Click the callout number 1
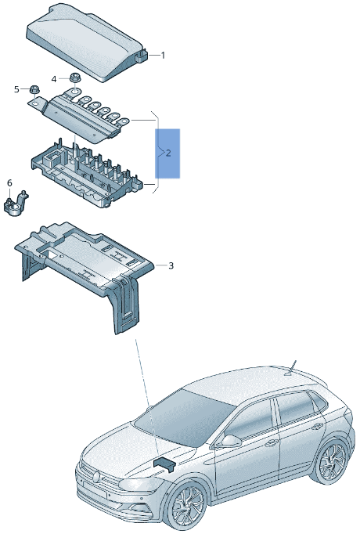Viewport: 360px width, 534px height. pyautogui.click(x=163, y=56)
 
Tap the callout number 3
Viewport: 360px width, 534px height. pyautogui.click(x=171, y=266)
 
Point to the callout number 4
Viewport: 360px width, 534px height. pyautogui.click(x=54, y=79)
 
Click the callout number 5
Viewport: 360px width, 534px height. pyautogui.click(x=16, y=90)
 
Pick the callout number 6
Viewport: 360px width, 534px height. pyautogui.click(x=9, y=183)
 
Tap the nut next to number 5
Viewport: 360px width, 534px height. pyautogui.click(x=35, y=90)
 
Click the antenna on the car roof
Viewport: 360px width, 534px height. pyautogui.click(x=293, y=366)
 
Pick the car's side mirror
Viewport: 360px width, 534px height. pyautogui.click(x=229, y=442)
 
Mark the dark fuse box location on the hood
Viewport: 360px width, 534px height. pyautogui.click(x=167, y=464)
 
